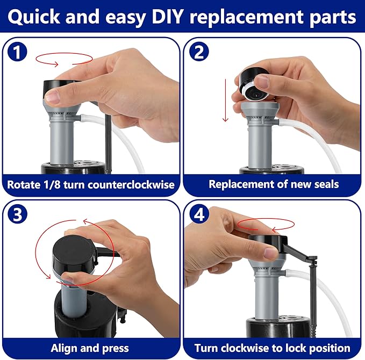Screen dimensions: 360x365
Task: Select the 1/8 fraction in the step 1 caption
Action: point(54,185)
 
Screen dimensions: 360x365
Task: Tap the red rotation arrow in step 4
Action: point(260,225)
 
